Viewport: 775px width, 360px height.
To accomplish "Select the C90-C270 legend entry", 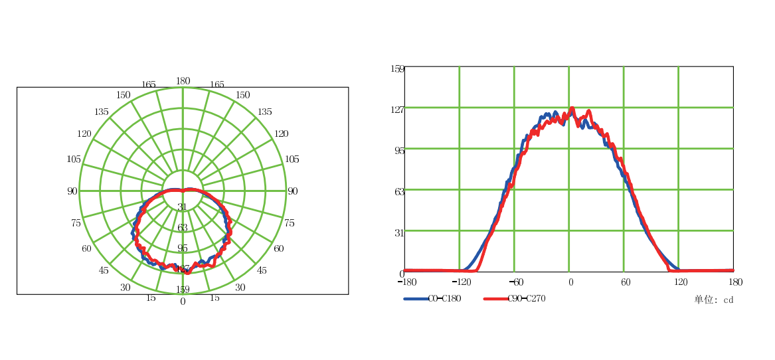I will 526,298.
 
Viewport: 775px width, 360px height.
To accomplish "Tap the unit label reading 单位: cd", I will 714,300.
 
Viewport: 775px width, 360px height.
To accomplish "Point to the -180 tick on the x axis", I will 406,282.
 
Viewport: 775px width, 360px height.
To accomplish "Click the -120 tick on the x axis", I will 460,282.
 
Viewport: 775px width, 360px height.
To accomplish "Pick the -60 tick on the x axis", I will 515,282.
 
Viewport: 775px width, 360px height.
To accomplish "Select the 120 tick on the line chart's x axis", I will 680,282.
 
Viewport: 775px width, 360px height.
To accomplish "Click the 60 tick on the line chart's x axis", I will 626,282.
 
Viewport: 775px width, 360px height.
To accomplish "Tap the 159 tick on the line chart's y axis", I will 397,68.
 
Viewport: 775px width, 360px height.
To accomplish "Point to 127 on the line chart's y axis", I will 397,110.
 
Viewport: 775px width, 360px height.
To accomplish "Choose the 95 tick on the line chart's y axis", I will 399,151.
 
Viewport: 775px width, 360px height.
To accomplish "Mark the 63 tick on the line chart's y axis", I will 399,191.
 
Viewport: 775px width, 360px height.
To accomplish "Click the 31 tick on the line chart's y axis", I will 399,232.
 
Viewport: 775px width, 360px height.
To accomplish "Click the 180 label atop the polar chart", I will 183,81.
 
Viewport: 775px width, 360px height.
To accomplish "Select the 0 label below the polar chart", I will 183,301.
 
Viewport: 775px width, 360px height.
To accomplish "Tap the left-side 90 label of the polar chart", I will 72,191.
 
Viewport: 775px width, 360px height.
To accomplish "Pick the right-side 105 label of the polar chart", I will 292,159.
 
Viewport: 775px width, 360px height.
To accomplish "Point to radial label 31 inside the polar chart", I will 183,207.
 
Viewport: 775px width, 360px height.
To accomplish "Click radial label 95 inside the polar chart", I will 183,248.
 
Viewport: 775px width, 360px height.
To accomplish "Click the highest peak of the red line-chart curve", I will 572,108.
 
